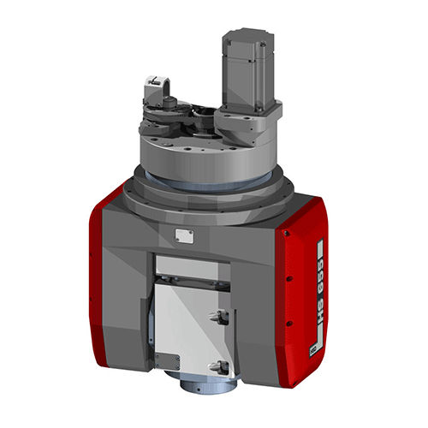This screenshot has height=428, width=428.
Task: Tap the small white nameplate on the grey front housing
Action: (182, 236)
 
